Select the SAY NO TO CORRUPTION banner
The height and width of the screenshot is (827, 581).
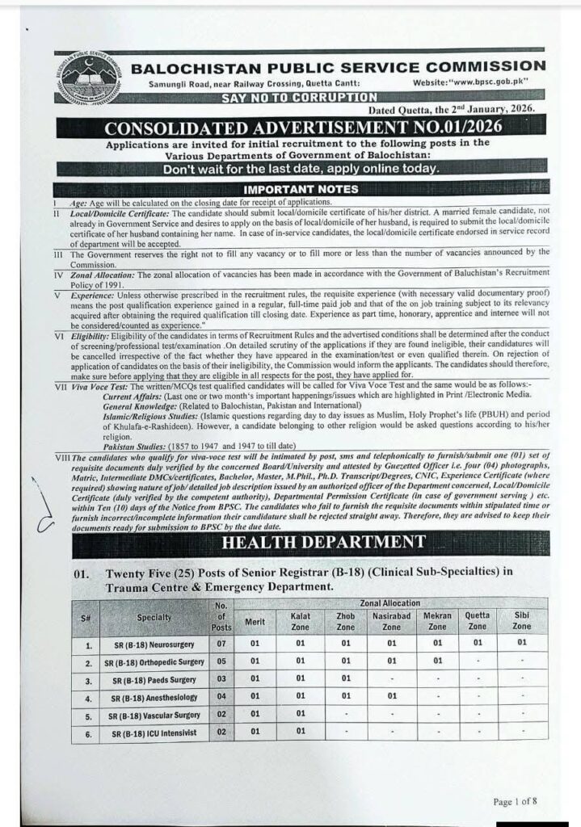[x=300, y=98]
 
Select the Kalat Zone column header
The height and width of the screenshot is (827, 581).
[x=299, y=621]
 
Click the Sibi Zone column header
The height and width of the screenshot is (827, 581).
[x=522, y=621]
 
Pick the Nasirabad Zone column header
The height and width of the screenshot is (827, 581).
[x=391, y=621]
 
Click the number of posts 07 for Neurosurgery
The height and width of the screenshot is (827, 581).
[x=220, y=645]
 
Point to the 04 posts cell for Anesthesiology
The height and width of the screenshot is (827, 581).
[x=220, y=697]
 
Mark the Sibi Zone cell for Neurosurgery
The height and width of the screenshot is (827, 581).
[x=522, y=644]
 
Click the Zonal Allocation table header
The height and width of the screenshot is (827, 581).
[x=389, y=603]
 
